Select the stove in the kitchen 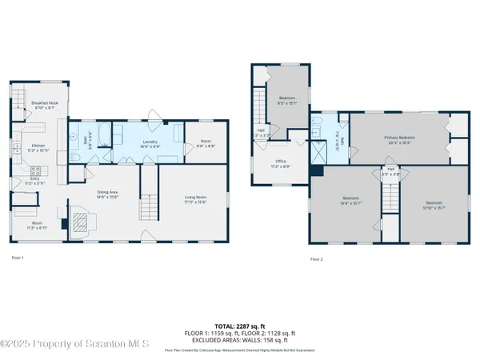tap(36, 170)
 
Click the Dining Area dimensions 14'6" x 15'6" tap(106, 197)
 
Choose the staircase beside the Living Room tap(150, 206)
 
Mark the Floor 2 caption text tap(316, 259)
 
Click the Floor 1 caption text tap(18, 258)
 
